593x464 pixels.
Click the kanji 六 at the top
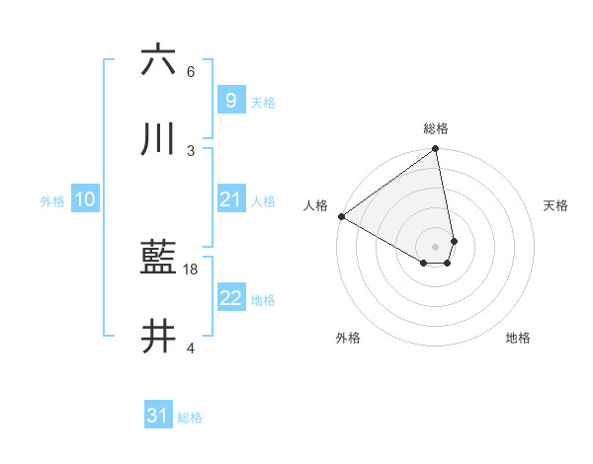(158, 60)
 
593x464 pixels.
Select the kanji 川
(158, 139)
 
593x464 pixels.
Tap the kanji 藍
(158, 260)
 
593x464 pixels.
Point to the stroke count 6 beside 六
(191, 72)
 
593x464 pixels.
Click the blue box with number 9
(230, 100)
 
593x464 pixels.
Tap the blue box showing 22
(230, 298)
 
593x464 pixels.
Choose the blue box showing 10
(84, 199)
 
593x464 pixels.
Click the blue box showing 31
(158, 417)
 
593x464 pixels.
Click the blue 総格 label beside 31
(190, 418)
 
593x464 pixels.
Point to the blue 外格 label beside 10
(52, 200)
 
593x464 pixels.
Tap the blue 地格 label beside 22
(263, 299)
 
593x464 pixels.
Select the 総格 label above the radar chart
(436, 128)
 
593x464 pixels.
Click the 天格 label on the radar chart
(555, 205)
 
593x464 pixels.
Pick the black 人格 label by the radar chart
(315, 205)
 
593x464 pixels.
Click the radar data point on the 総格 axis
(436, 150)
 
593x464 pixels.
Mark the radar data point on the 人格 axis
(341, 216)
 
